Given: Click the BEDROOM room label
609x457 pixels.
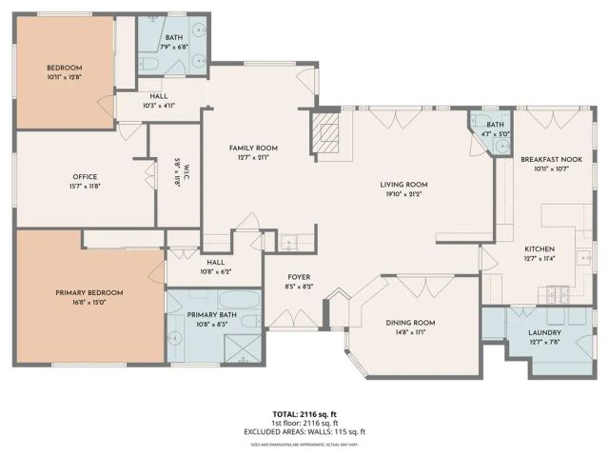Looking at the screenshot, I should [66, 68].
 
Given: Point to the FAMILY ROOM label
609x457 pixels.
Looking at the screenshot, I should [252, 148].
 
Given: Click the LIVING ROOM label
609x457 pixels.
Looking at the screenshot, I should [403, 185].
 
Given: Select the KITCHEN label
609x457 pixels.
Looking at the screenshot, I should [538, 248].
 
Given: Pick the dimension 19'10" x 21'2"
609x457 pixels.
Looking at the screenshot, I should [403, 194].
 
